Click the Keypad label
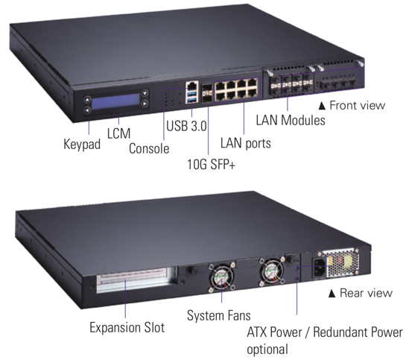[x=82, y=144]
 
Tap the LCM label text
[x=118, y=133]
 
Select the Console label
[x=149, y=148]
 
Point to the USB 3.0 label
[x=186, y=126]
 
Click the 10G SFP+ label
[x=212, y=164]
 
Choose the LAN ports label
[x=245, y=143]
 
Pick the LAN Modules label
[x=291, y=120]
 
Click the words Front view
[x=358, y=105]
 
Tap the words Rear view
[x=366, y=293]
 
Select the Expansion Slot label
[x=127, y=327]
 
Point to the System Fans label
[x=218, y=315]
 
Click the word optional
[x=267, y=350]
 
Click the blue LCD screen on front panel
[x=115, y=101]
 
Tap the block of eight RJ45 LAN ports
[x=236, y=89]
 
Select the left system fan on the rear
[x=221, y=277]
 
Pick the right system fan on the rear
[x=272, y=272]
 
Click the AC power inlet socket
[x=320, y=267]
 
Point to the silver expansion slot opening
[x=132, y=280]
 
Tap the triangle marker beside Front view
[x=323, y=106]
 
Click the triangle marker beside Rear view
[x=332, y=294]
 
